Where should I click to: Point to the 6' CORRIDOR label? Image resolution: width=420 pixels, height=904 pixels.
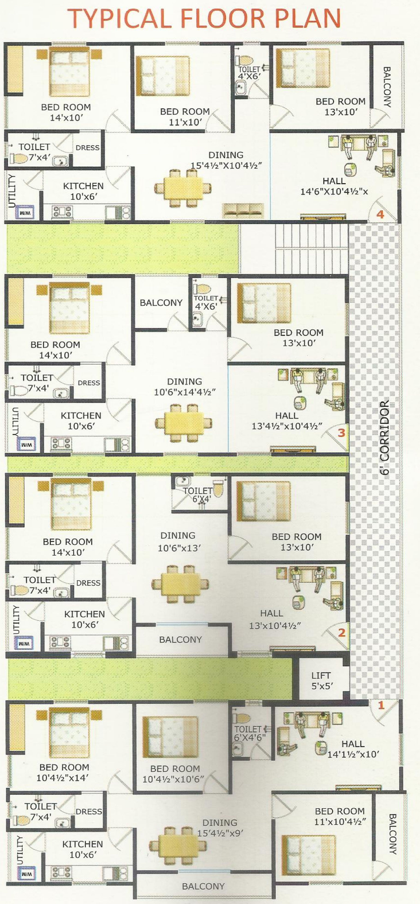(x=385, y=438)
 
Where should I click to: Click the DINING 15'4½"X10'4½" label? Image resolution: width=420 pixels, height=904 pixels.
(x=226, y=160)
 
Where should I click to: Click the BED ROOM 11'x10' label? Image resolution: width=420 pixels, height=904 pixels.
(x=185, y=117)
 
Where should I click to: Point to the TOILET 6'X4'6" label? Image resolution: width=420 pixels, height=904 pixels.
(x=250, y=734)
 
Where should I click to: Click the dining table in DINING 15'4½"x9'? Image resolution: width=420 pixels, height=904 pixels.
(x=178, y=845)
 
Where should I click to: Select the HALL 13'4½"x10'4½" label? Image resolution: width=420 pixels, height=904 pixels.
(x=287, y=421)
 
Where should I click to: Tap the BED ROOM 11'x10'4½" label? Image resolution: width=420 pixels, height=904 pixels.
(x=340, y=816)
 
